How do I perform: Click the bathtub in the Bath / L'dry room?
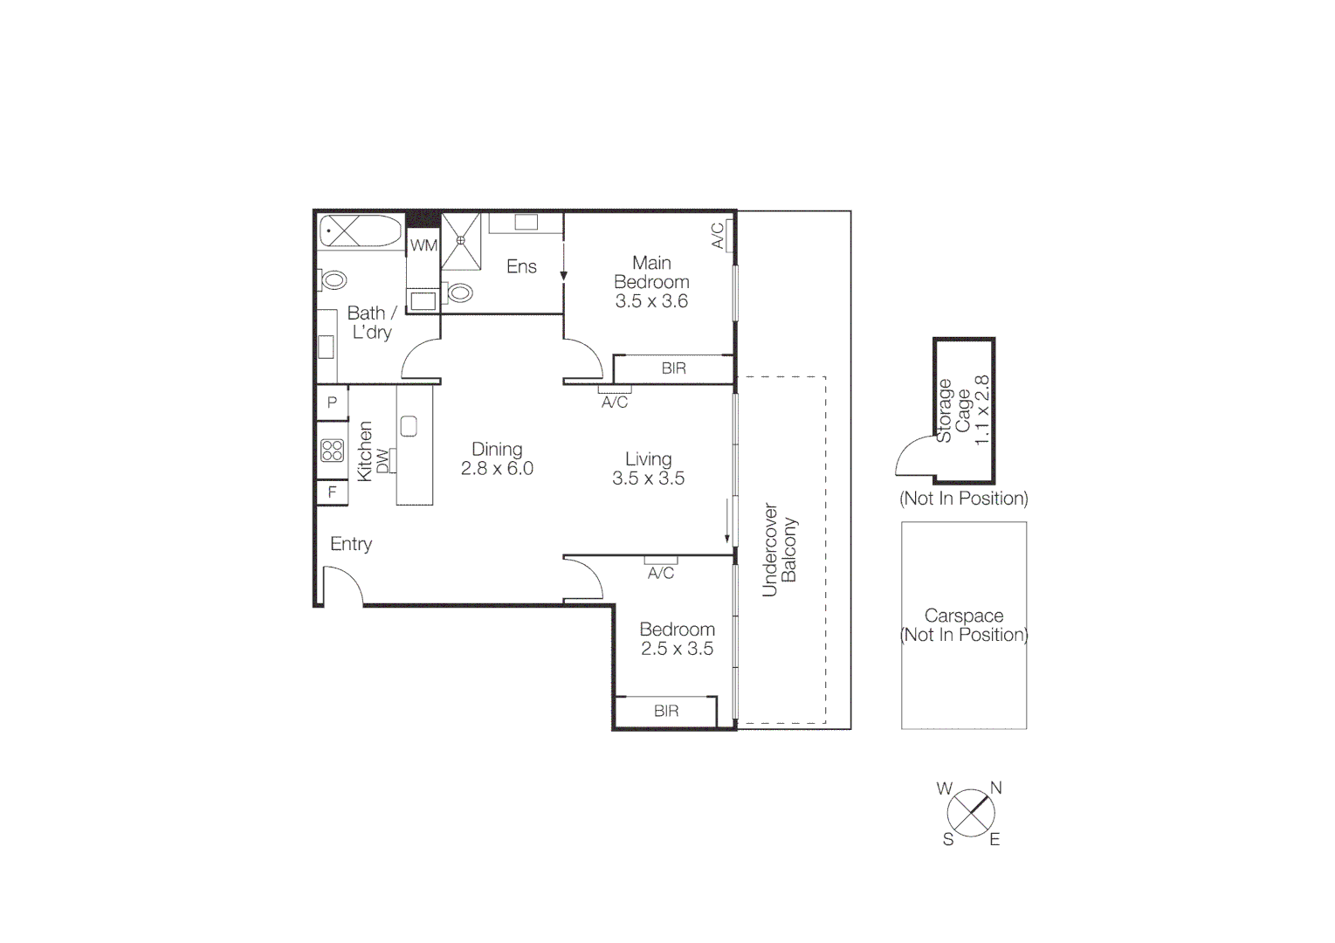pos(360,231)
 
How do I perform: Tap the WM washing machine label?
pos(423,245)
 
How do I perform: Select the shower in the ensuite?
pos(461,240)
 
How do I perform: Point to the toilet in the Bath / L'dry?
pos(334,280)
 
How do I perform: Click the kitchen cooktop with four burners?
pos(332,451)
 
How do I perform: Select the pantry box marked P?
pos(332,403)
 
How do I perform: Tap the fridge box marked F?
pos(332,492)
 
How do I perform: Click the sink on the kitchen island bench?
pos(409,426)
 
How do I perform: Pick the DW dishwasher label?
pos(383,460)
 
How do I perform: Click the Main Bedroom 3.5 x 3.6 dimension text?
pos(651,301)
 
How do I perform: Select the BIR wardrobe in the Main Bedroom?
pos(673,368)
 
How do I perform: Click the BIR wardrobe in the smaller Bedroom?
pos(666,711)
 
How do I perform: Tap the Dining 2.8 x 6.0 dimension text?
pos(497,469)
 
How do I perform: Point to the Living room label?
pos(648,459)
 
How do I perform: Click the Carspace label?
pos(964,616)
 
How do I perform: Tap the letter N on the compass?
pos(995,788)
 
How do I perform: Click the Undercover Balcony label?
pos(780,549)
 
